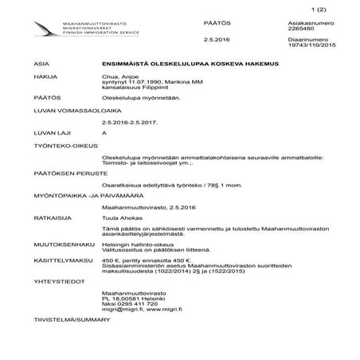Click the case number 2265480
pyautogui.click(x=300, y=29)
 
